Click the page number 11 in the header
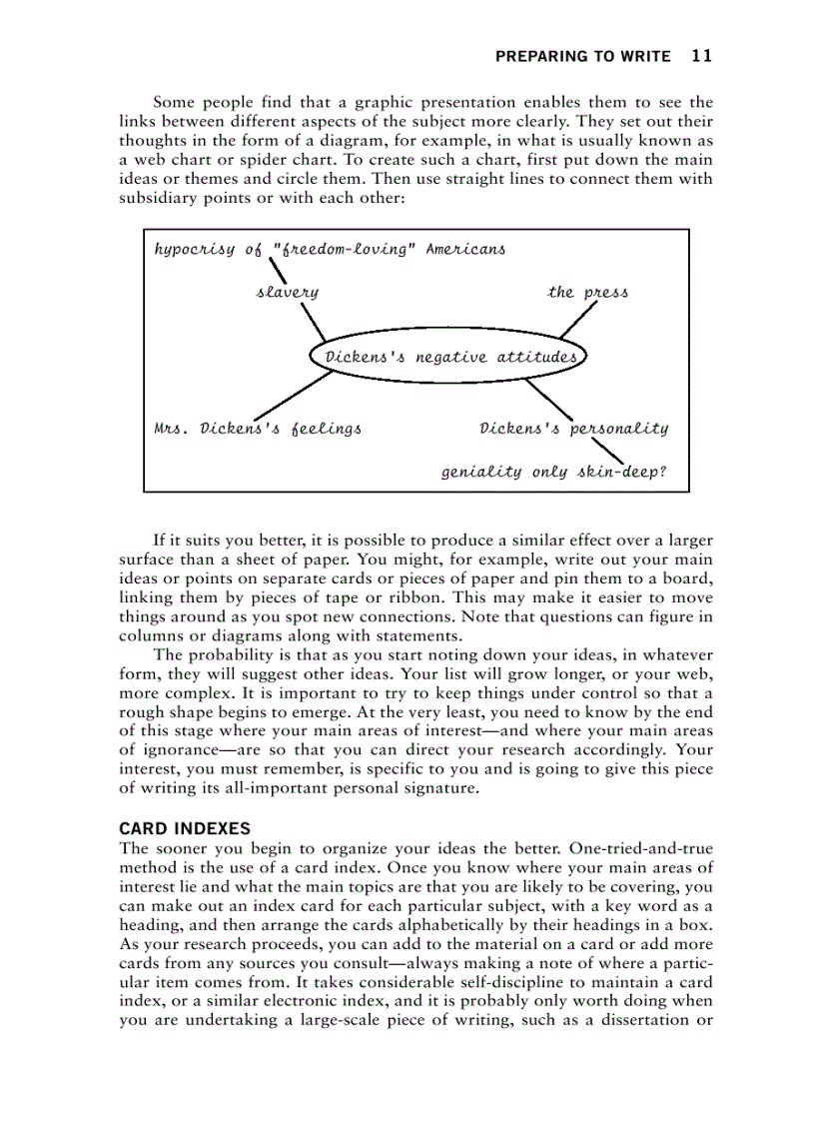coord(701,56)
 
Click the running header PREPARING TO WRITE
coord(583,57)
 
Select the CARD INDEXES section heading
coord(185,828)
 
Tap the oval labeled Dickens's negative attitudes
coord(447,357)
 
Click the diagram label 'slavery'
coord(288,293)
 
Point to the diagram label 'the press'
coord(587,293)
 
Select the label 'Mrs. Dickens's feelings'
coord(258,429)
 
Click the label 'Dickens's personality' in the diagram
coord(573,429)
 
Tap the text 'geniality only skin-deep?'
coord(553,472)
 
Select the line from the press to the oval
coord(578,320)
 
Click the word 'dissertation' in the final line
coord(647,1019)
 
